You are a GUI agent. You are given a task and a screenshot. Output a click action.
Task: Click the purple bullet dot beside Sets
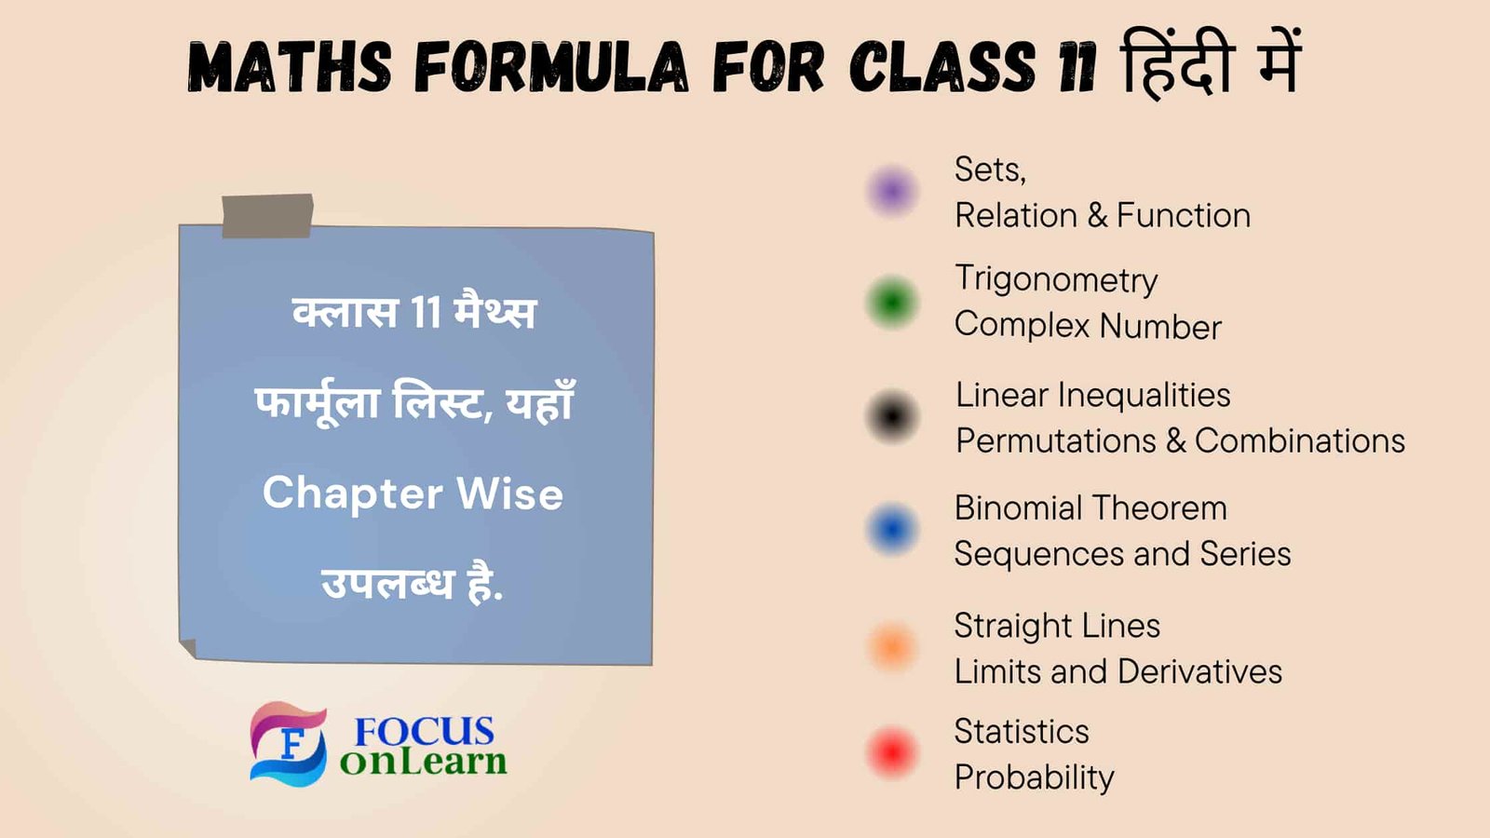click(x=892, y=191)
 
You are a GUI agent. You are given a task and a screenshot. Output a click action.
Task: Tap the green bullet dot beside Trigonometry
click(x=892, y=303)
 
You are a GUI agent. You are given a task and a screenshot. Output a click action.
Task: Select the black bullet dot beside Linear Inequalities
click(x=892, y=416)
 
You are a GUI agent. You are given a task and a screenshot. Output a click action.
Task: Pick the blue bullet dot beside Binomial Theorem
click(x=892, y=529)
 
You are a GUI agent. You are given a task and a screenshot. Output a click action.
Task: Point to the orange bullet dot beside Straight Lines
click(x=892, y=647)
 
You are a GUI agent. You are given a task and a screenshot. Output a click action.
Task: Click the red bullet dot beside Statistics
click(x=892, y=752)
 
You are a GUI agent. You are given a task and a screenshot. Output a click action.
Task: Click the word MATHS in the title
click(x=290, y=68)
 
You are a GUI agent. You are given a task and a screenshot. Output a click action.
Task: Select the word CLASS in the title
click(x=941, y=68)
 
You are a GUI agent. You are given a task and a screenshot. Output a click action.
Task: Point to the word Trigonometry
click(x=1056, y=279)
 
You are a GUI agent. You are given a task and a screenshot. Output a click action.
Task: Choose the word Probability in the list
click(x=1034, y=777)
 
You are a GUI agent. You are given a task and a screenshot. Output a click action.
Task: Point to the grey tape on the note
click(x=267, y=216)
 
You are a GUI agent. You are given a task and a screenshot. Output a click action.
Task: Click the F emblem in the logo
click(x=289, y=744)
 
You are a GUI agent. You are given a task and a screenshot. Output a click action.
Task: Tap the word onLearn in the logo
click(x=423, y=762)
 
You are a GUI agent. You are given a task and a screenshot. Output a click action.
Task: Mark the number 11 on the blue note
click(x=426, y=312)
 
